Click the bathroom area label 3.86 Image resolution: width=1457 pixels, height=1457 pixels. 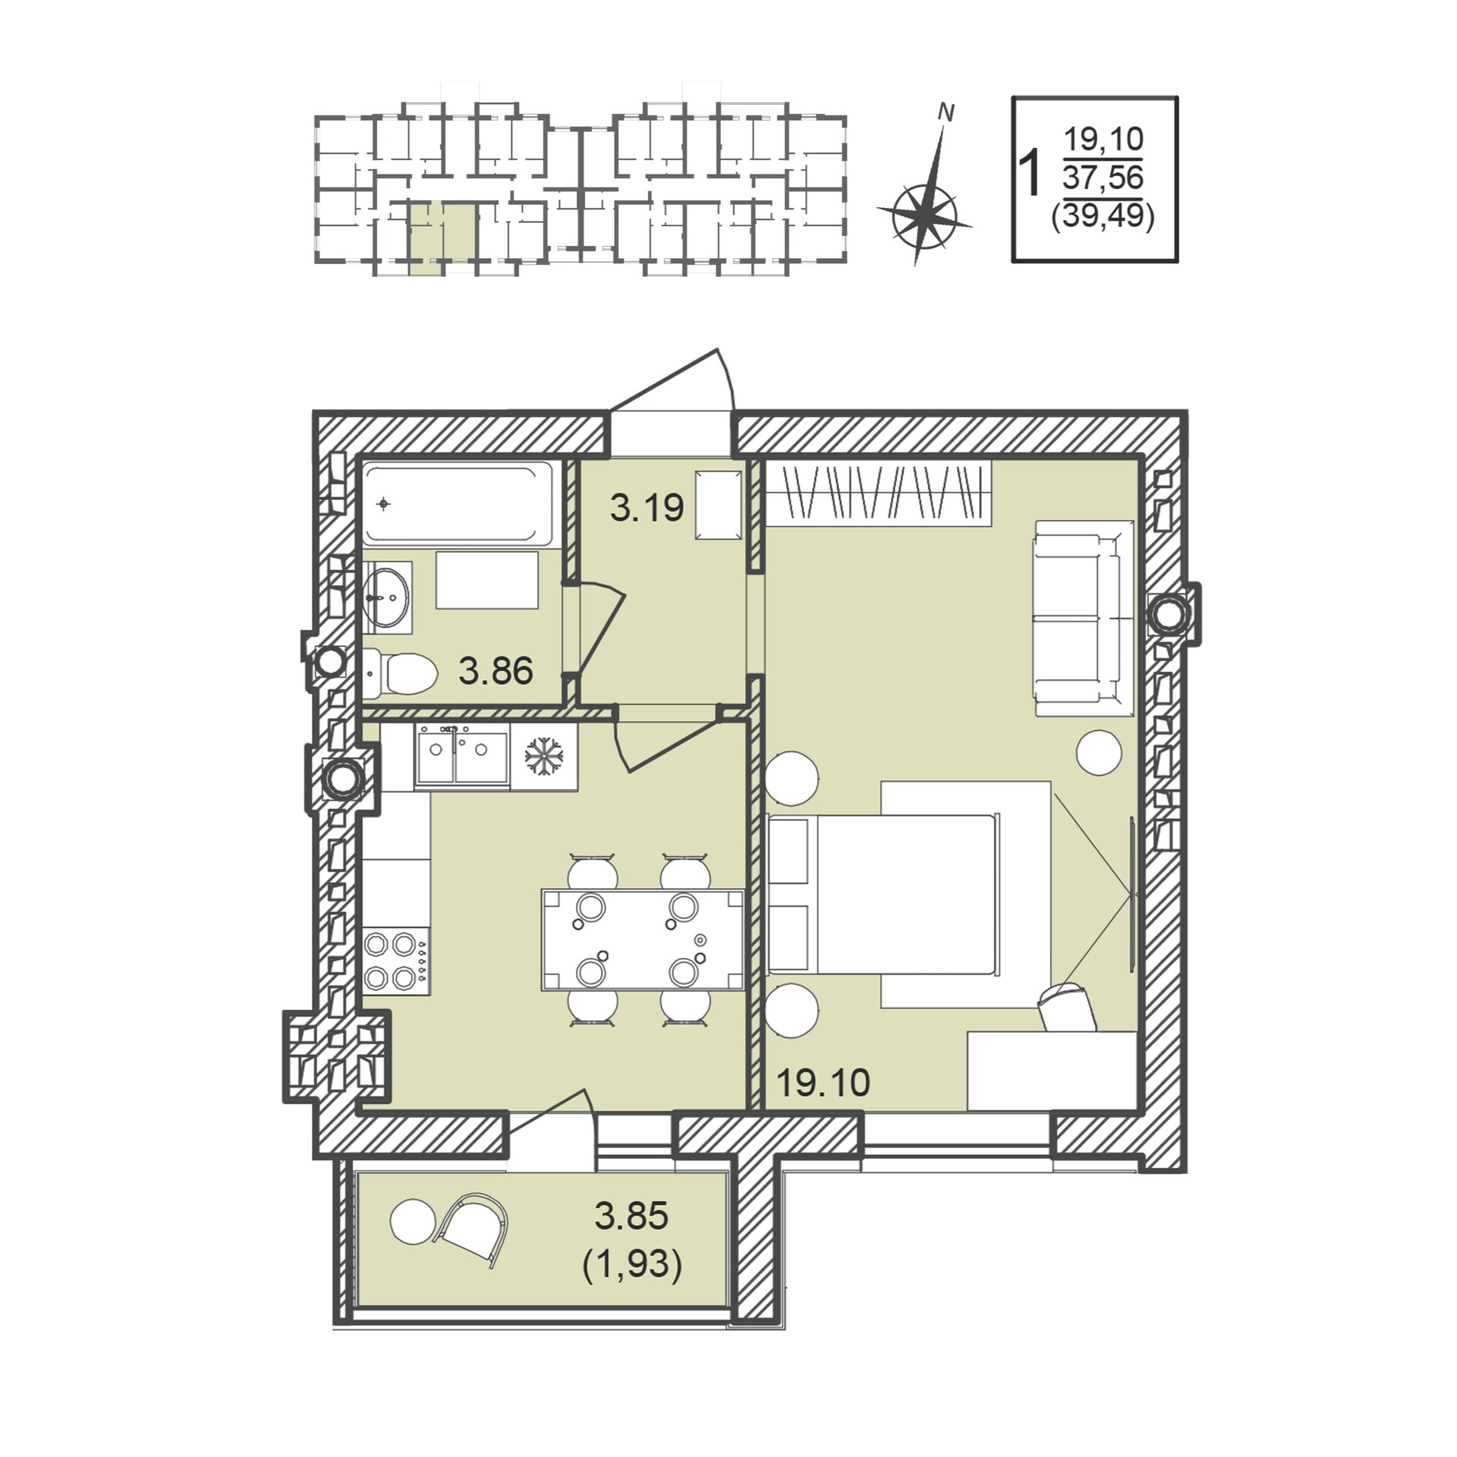point(496,671)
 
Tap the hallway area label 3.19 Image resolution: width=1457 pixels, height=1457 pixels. point(647,508)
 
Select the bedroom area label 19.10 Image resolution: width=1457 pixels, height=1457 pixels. point(823,1083)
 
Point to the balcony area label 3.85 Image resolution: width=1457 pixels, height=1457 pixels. point(631,1216)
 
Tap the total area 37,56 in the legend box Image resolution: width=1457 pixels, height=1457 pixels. point(1103,178)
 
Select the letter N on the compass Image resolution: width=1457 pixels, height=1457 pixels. point(946,113)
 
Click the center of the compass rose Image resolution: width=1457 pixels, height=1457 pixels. point(924,216)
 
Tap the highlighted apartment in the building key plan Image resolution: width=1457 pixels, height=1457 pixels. point(444,236)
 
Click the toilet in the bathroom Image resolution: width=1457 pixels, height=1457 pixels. point(400,673)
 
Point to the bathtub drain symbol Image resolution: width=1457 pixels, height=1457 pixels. point(384,504)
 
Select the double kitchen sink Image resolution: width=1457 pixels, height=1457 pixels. point(461,754)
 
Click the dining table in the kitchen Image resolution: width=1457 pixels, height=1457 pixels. point(642,939)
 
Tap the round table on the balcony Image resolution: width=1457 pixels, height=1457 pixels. point(414,1221)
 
